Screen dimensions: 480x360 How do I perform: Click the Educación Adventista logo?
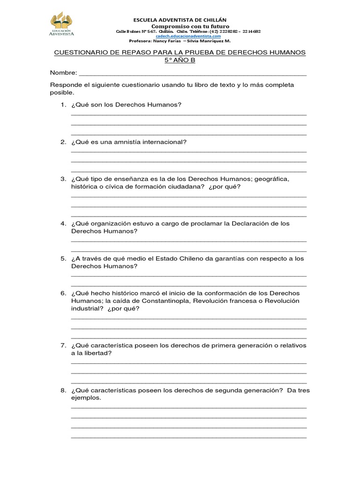[61, 25]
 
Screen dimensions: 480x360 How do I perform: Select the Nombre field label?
[63, 73]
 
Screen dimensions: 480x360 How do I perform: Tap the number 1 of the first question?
[62, 105]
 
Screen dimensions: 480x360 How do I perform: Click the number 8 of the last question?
[62, 390]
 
